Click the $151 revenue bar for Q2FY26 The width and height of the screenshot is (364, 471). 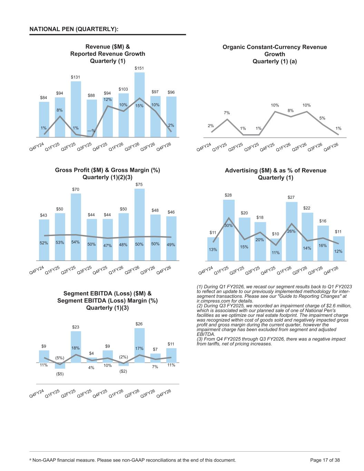tap(139, 105)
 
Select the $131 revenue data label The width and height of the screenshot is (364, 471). tap(76, 77)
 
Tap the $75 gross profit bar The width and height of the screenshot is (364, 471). tap(139, 225)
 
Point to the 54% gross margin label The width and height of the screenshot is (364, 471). tap(76, 242)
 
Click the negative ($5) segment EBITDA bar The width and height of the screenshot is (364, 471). tap(60, 365)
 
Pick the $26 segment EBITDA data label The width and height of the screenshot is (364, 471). tap(139, 324)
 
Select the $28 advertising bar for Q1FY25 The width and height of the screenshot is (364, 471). tap(229, 230)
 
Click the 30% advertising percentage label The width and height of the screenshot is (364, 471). tap(228, 225)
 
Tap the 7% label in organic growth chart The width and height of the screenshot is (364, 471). tap(227, 113)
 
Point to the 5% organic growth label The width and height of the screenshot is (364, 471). tap(322, 118)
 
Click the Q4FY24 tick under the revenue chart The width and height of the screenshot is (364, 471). tap(37, 147)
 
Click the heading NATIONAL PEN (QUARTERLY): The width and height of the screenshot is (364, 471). tap(74, 29)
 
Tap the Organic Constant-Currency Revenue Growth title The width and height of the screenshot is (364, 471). tap(275, 54)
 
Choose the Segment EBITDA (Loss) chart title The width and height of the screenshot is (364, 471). tap(107, 301)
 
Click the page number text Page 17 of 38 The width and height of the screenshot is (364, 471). tap(325, 460)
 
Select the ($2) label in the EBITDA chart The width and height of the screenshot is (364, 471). tap(123, 371)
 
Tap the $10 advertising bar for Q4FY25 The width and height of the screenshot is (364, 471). tap(276, 250)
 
